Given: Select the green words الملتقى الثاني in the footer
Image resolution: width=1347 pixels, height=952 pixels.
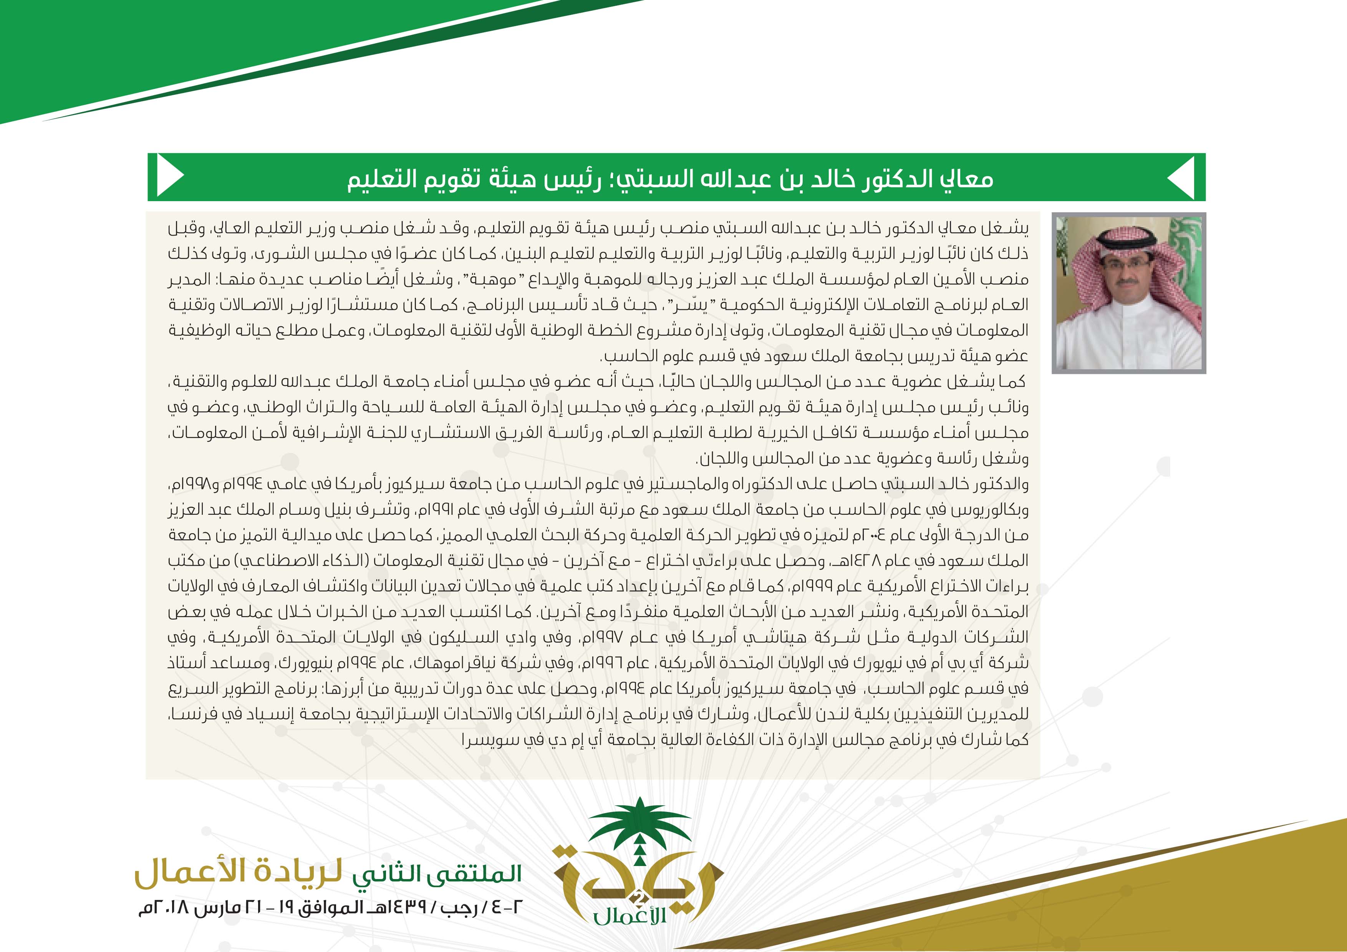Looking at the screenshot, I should [437, 874].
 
